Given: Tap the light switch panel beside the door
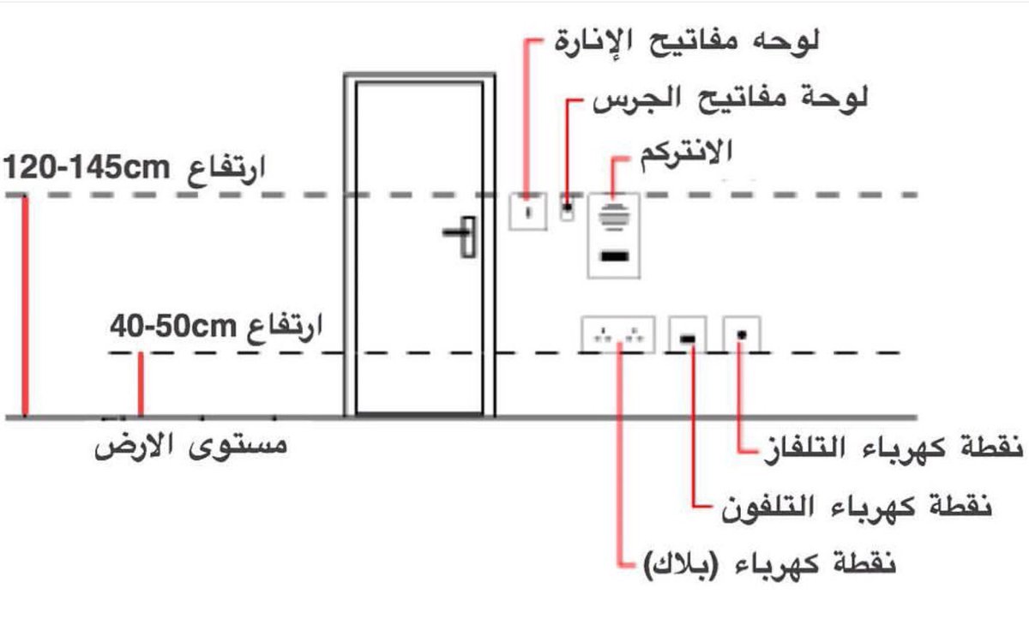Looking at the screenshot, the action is [528, 212].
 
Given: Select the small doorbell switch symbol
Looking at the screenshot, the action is [568, 208].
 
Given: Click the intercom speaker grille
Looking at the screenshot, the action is [613, 214].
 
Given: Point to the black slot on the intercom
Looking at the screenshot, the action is [614, 255].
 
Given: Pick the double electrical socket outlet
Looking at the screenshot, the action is [617, 335].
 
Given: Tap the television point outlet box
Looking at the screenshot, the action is [742, 334].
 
